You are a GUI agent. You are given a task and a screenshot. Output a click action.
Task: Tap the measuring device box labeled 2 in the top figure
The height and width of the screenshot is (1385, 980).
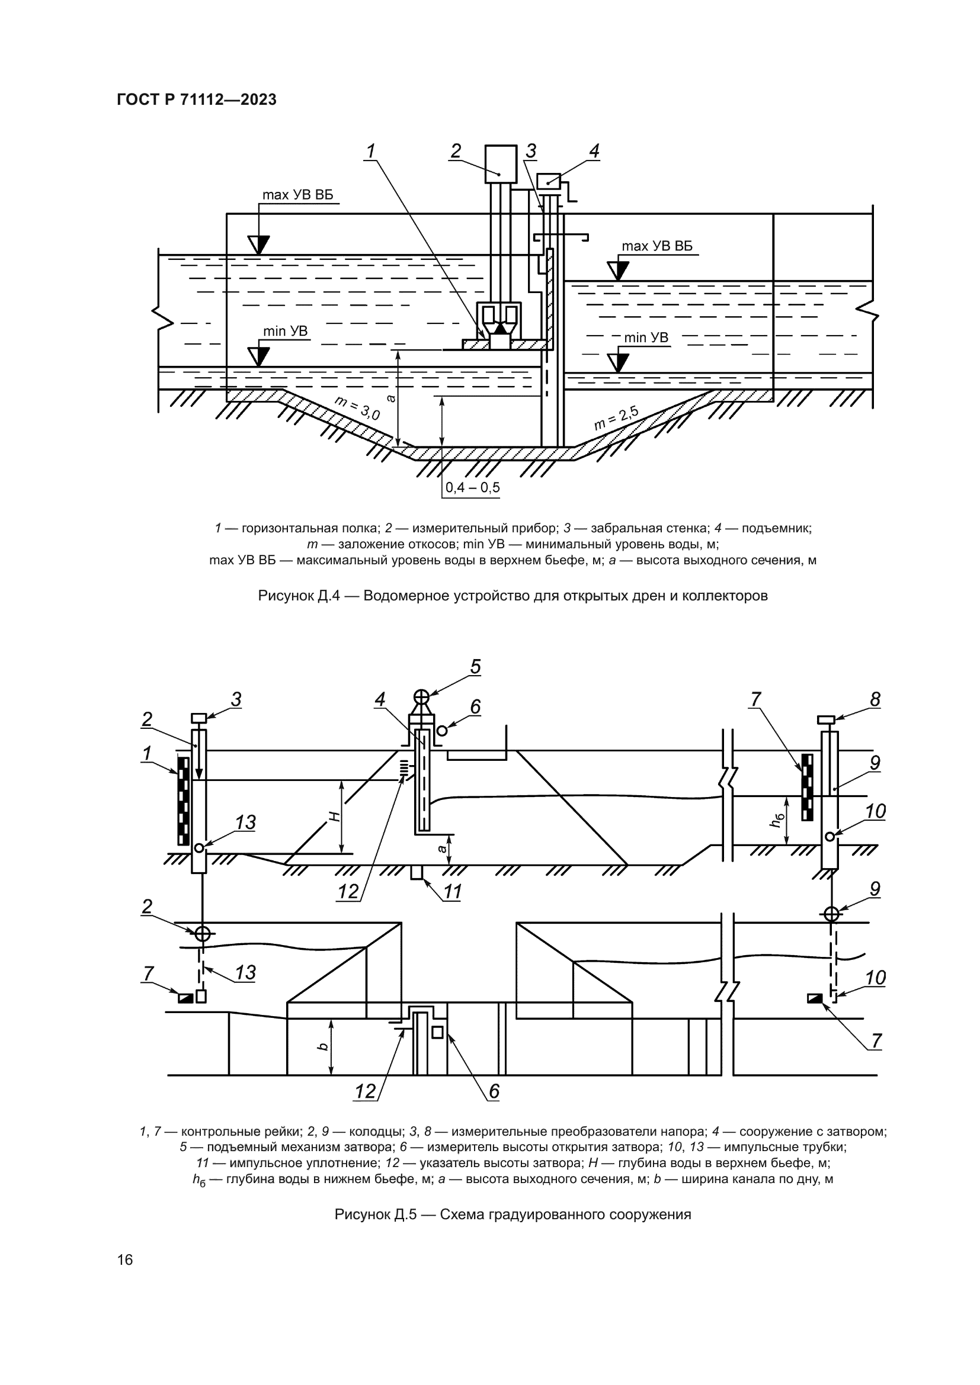click(x=501, y=163)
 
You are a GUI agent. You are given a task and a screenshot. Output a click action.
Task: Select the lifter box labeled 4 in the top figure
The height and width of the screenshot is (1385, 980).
click(x=549, y=181)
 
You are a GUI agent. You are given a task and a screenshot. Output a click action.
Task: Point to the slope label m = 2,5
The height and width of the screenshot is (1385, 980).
click(x=616, y=418)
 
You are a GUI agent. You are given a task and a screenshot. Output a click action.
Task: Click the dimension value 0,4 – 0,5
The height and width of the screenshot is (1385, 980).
click(x=472, y=487)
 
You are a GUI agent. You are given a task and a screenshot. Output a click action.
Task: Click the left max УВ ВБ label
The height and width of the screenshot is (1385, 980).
click(x=297, y=195)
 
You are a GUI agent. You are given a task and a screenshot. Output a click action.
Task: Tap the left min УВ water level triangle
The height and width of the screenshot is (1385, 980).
click(x=260, y=356)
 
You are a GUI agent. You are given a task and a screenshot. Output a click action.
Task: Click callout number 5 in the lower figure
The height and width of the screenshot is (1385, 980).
click(x=476, y=667)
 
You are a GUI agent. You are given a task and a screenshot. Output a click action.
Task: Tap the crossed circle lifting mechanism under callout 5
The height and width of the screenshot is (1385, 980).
click(x=421, y=698)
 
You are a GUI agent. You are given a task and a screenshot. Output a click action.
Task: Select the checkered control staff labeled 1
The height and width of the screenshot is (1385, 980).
click(x=184, y=801)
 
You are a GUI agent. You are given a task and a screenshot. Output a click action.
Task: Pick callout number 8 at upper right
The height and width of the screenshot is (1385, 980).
click(x=875, y=700)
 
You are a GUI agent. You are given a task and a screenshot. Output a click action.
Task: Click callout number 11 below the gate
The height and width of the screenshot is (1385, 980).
click(x=453, y=892)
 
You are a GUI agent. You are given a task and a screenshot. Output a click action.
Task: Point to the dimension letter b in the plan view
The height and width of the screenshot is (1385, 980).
click(x=324, y=1046)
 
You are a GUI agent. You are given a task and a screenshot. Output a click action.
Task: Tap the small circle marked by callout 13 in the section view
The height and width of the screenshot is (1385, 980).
click(x=199, y=848)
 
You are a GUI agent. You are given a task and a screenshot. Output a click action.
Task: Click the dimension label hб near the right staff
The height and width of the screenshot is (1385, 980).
click(x=779, y=820)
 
